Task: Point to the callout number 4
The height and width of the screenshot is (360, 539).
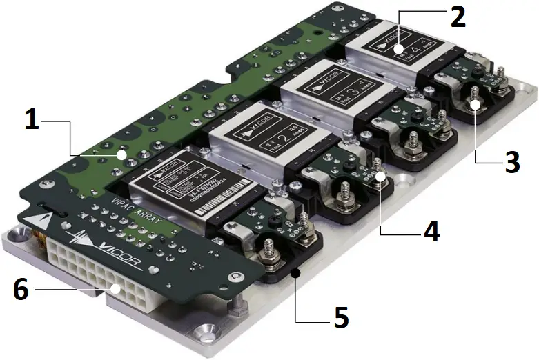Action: pos(431,232)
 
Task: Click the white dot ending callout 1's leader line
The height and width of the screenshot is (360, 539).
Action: pos(122,157)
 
